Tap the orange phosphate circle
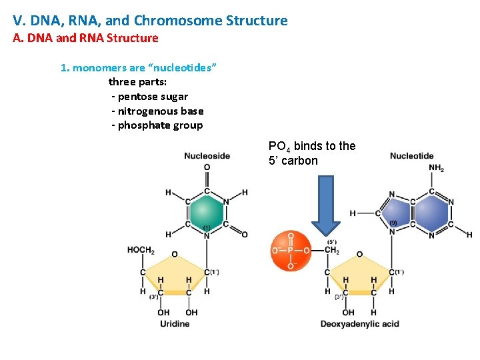click(290, 250)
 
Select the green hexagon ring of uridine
click(207, 212)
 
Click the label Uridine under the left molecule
click(175, 324)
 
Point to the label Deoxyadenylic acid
click(359, 324)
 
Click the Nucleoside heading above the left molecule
click(207, 156)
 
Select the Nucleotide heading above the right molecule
click(411, 156)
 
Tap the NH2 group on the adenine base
click(436, 169)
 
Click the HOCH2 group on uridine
click(141, 250)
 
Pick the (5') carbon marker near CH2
click(331, 241)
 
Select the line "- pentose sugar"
click(149, 97)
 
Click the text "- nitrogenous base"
click(157, 111)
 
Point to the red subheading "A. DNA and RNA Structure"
click(86, 38)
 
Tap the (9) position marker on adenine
click(394, 222)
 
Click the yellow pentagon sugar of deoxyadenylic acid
click(359, 277)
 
